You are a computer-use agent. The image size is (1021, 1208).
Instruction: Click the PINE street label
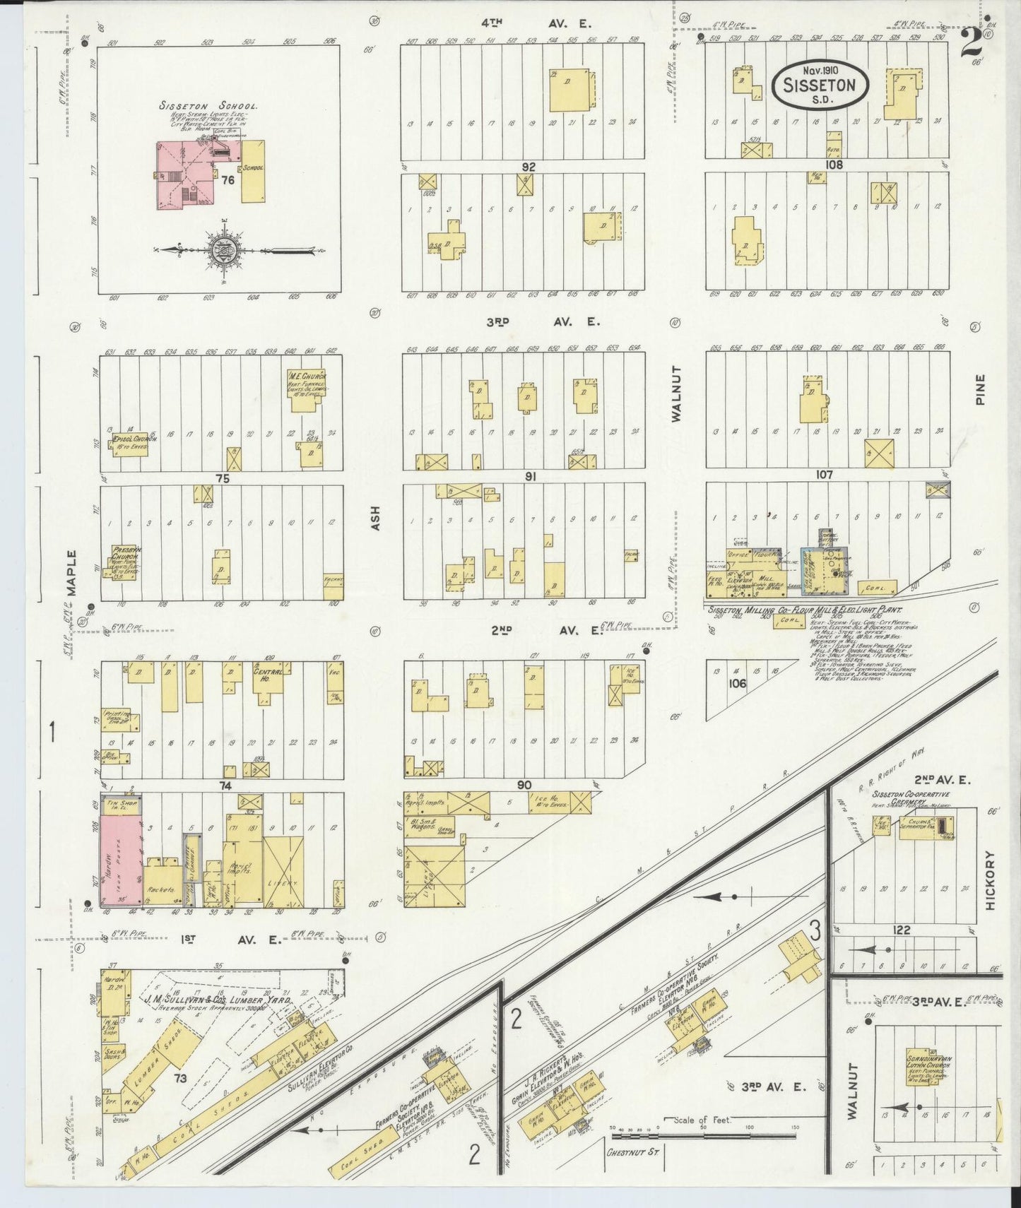[980, 389]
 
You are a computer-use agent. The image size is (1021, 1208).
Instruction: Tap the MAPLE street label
[71, 572]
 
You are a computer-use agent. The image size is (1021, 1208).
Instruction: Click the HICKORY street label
[990, 880]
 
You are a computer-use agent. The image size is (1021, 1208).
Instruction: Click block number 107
[825, 475]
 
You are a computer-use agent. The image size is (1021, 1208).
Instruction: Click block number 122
[902, 930]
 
